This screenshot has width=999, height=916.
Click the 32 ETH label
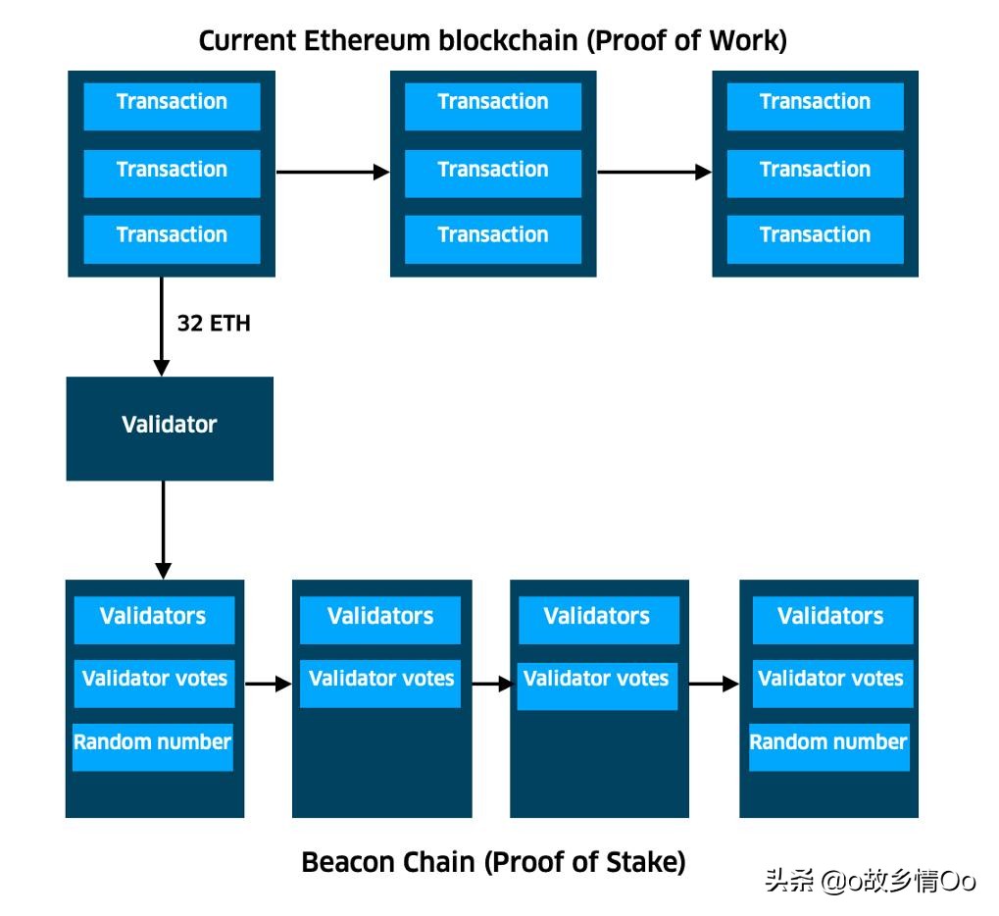click(214, 324)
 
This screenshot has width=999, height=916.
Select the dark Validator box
click(170, 429)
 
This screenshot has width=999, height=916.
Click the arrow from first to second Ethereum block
click(332, 173)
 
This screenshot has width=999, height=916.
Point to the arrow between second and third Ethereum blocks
click(654, 173)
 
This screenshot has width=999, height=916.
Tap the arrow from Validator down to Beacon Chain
click(163, 530)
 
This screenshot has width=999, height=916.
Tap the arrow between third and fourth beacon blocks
click(714, 684)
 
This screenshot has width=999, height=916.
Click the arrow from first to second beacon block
click(268, 684)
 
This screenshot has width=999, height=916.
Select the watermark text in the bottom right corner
click(870, 881)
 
